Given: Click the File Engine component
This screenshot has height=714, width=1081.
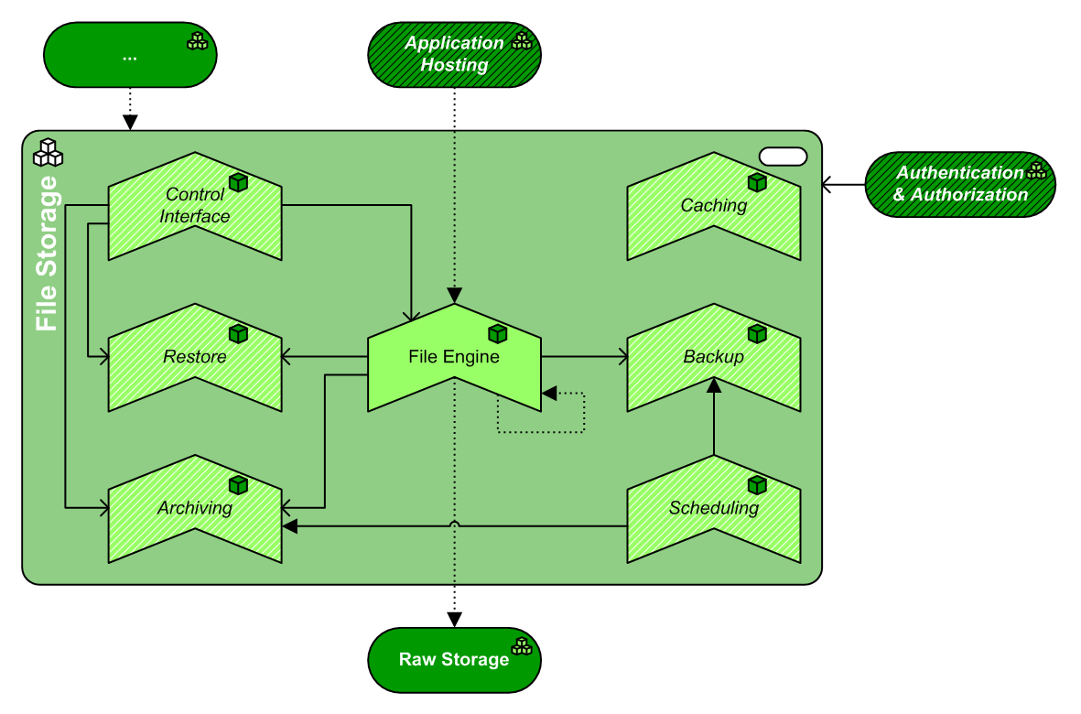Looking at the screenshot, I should coord(454,357).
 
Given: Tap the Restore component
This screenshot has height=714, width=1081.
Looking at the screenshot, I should coord(195,357).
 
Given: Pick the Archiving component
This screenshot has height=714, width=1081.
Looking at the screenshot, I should coord(195,508).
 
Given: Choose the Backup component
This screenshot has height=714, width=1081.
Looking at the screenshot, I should coord(713,357).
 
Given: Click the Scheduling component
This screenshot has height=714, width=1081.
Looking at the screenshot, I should coord(713,508).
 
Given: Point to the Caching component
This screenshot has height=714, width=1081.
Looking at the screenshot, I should coord(713,206).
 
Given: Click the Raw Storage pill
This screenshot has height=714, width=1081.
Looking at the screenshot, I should coord(454,660).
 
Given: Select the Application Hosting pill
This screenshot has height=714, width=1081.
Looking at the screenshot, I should coord(454,55).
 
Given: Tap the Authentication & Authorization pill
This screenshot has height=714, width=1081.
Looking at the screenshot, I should coord(960,184).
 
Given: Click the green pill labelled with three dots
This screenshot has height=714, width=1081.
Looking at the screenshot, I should coord(129,55).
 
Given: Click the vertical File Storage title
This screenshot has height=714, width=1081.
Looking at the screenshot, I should coord(47,254).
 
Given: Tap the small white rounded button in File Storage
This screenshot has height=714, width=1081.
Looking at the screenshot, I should coord(784,157).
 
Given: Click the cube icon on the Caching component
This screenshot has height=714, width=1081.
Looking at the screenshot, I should coord(756,182).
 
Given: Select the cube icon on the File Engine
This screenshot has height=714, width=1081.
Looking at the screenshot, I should coord(497,333).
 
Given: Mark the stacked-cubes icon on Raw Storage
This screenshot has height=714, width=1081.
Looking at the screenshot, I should coord(522,647).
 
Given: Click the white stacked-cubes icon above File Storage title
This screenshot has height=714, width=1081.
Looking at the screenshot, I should coord(48,152).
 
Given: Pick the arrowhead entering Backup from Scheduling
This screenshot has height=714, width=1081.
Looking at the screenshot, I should coord(714,386).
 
